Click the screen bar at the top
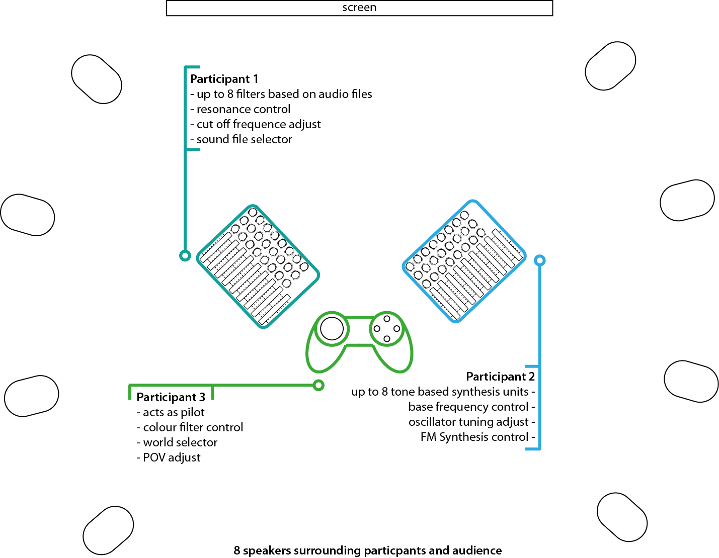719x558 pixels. (x=359, y=8)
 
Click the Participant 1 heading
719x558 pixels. (x=224, y=79)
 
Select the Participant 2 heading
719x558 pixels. (x=500, y=377)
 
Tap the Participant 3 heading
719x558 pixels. (x=171, y=397)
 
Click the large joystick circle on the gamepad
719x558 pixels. (x=332, y=329)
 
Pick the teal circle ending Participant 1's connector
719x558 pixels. (x=185, y=256)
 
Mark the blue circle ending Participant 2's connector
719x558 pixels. (x=539, y=260)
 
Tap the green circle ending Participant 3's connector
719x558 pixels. (x=318, y=386)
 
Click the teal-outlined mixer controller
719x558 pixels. (x=258, y=266)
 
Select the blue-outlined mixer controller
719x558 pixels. (x=464, y=261)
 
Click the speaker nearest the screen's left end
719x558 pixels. (x=97, y=79)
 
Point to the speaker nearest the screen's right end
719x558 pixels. (x=610, y=66)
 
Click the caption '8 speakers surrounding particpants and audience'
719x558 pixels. (x=367, y=550)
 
